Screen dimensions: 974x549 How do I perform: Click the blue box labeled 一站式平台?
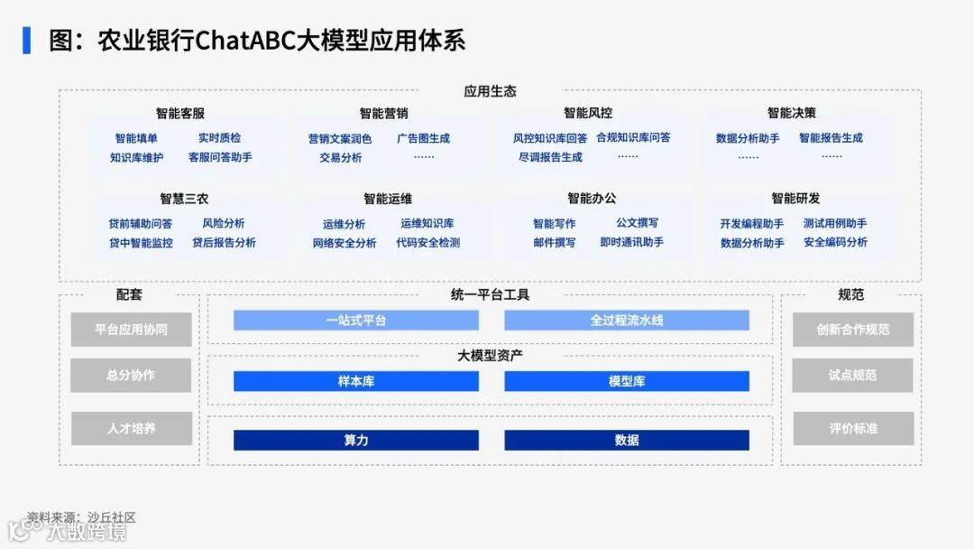coord(356,321)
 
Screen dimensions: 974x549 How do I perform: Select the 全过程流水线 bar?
coord(627,321)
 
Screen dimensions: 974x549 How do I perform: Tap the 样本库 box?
coord(356,381)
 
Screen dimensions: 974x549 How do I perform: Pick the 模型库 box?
coord(627,381)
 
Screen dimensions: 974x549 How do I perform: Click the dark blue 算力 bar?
coord(356,440)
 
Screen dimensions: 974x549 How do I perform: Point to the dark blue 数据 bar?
coord(627,440)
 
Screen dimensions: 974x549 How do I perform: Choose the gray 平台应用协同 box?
coord(131,330)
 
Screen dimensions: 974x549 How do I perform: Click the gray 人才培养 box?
coord(131,428)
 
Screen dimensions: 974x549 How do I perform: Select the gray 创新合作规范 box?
coord(852,330)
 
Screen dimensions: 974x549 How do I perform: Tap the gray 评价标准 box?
coord(852,428)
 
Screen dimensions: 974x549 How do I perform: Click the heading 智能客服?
coord(180,114)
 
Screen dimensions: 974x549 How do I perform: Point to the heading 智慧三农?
coord(184,199)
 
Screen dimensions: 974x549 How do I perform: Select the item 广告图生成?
coord(423,139)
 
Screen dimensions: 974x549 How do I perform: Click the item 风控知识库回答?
coord(550,138)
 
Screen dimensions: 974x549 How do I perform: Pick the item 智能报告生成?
coord(831,138)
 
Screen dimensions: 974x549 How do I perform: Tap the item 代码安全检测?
coord(427,243)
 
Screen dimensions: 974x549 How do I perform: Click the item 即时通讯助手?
coord(631,242)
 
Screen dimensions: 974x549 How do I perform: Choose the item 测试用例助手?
coord(835,224)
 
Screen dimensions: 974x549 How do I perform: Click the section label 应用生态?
coord(490,91)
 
